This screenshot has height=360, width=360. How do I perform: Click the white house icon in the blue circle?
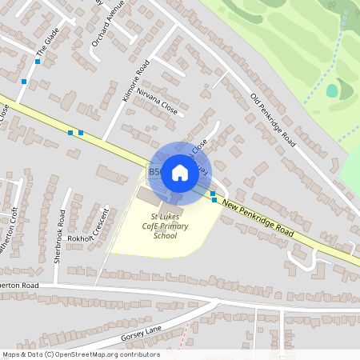tap(179, 172)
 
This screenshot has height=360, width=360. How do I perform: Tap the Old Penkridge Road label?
tap(273, 121)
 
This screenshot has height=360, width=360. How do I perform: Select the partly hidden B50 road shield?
tap(154, 171)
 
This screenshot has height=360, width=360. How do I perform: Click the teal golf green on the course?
tap(332, 90)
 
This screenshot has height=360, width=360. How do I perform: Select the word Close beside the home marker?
tap(198, 146)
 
